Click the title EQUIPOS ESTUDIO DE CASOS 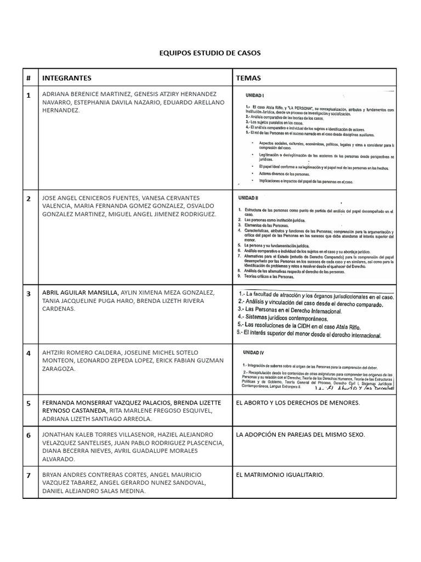[x=210, y=53]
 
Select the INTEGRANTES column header [x=66, y=78]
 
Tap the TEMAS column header [x=248, y=78]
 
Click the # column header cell [x=29, y=78]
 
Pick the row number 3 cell [x=29, y=294]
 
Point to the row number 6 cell [x=29, y=435]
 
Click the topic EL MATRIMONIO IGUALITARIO [x=280, y=474]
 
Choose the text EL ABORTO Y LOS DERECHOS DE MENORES [x=298, y=403]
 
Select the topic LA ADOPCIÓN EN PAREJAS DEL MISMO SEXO [x=300, y=435]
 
